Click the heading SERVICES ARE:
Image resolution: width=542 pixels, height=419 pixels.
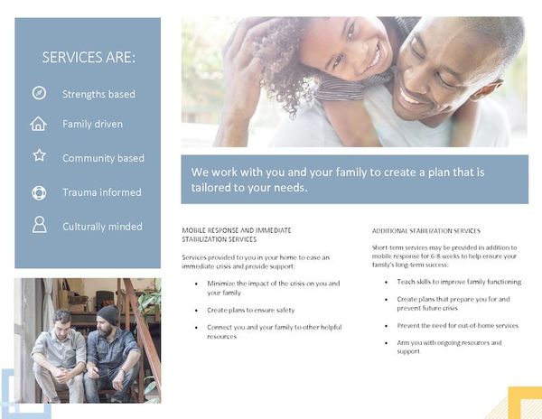coord(89,58)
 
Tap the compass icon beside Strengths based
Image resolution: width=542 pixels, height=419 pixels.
coord(39,93)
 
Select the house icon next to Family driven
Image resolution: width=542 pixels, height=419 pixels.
coord(39,124)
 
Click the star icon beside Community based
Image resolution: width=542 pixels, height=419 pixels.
coord(39,155)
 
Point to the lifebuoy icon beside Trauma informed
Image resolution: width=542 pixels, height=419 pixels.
coord(39,192)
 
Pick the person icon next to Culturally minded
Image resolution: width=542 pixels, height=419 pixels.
coord(39,225)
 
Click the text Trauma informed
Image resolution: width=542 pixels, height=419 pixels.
coord(101,192)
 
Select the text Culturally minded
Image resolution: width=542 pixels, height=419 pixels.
coord(102,227)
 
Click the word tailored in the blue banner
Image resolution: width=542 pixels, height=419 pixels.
coord(214,188)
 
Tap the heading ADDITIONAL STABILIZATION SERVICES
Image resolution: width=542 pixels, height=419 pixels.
coord(425,231)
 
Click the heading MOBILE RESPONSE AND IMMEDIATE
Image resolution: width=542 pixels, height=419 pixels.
coord(236,231)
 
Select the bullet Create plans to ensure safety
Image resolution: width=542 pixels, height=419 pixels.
coord(250,310)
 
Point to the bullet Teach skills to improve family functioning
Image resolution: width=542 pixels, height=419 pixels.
coord(458,282)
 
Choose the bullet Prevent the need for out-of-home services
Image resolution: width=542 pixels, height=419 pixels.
coord(457,325)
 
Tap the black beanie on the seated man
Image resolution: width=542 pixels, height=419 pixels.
coord(108,313)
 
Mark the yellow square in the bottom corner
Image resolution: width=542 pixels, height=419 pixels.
coord(524,403)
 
